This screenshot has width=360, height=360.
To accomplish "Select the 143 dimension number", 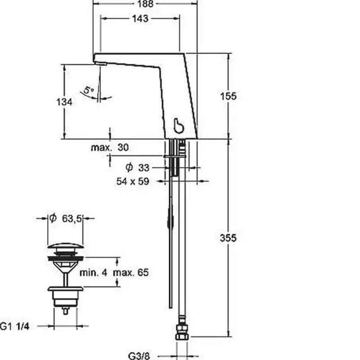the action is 140,18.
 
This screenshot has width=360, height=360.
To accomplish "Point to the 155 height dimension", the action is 228,96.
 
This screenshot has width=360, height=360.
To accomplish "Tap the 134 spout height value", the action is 64,102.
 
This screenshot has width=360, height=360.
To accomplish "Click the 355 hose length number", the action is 228,238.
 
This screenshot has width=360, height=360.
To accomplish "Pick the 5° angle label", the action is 88,90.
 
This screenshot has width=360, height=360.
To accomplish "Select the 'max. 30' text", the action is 110,148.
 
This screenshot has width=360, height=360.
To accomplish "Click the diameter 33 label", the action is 138,167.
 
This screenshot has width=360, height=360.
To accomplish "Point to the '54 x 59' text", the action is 133,181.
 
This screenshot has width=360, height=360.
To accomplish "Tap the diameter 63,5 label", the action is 65,218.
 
